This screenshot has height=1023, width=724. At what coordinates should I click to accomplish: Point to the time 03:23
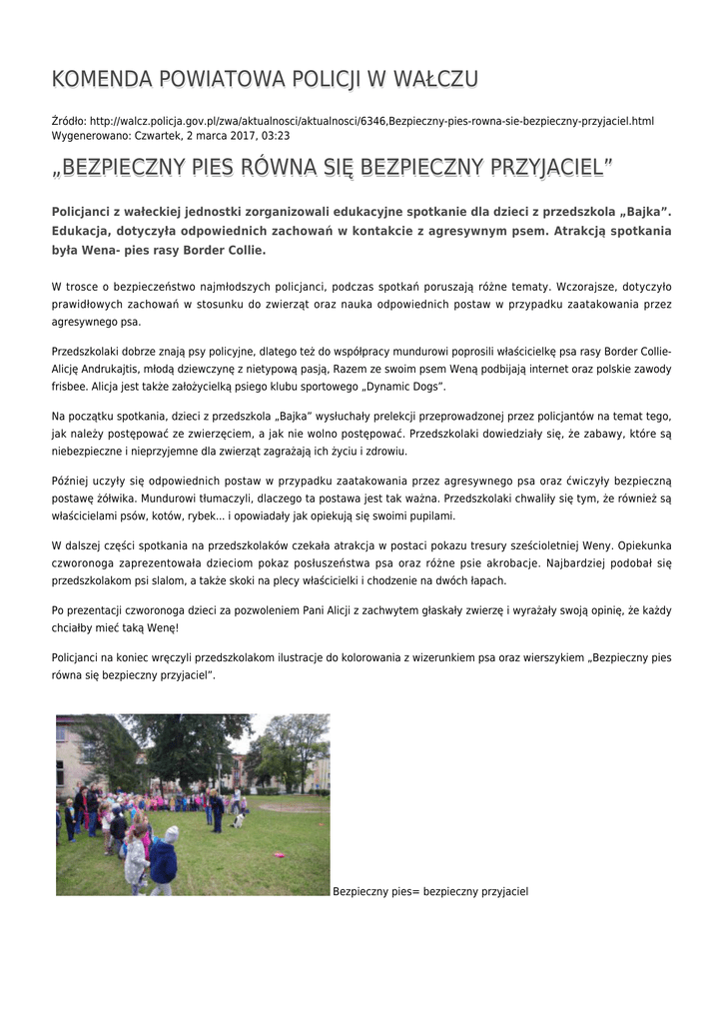pyautogui.click(x=276, y=135)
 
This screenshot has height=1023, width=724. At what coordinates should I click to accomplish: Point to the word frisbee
pyautogui.click(x=69, y=386)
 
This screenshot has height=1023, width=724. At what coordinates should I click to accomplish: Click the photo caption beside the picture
pyautogui.click(x=429, y=890)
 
